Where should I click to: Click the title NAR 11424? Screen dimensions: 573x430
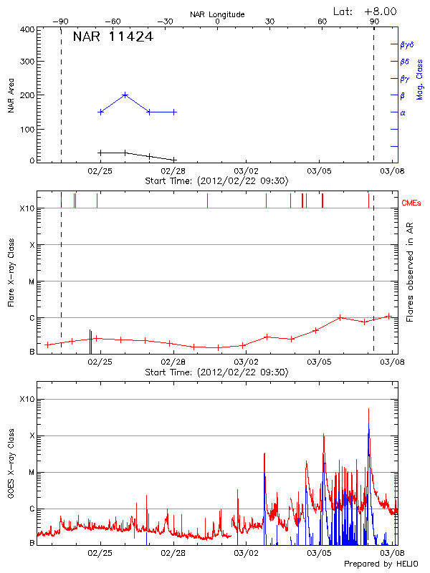click(x=113, y=37)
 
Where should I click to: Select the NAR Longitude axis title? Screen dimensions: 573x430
click(x=217, y=14)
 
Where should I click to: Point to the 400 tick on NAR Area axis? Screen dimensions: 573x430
click(x=27, y=30)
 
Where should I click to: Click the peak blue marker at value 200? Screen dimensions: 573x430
click(x=125, y=95)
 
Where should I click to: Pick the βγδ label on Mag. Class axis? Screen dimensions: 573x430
click(x=406, y=44)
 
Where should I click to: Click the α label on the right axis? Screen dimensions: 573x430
click(x=403, y=112)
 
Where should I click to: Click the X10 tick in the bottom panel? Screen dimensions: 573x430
click(x=27, y=399)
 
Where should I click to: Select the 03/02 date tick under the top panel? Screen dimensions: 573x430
click(x=246, y=170)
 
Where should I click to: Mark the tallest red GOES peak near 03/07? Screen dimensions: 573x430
click(x=369, y=409)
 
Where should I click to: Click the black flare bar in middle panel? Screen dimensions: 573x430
click(x=90, y=342)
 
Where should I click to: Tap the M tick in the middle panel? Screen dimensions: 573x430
click(x=31, y=281)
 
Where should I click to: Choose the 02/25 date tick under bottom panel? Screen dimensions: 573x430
click(x=100, y=553)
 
